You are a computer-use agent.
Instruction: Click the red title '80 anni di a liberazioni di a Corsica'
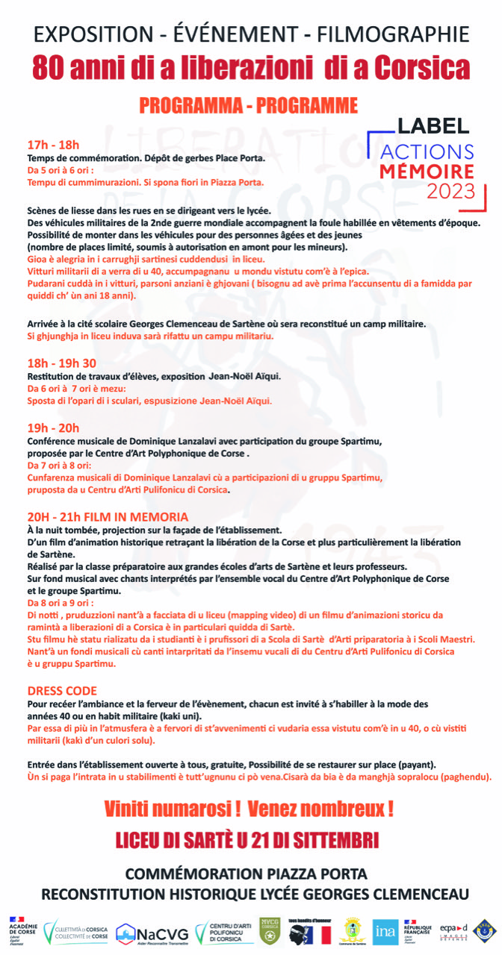click(x=251, y=68)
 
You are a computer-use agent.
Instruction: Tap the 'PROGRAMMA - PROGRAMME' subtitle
click(x=248, y=105)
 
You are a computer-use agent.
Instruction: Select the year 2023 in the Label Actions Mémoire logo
click(x=450, y=191)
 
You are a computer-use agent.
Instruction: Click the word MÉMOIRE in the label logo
click(x=427, y=171)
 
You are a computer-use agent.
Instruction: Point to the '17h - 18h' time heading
click(x=53, y=145)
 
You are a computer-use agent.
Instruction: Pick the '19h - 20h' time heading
click(x=53, y=428)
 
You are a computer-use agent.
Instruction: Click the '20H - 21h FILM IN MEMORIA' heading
click(x=108, y=516)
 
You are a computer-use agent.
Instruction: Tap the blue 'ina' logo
click(x=385, y=930)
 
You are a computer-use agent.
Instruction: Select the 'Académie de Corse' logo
click(x=23, y=930)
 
